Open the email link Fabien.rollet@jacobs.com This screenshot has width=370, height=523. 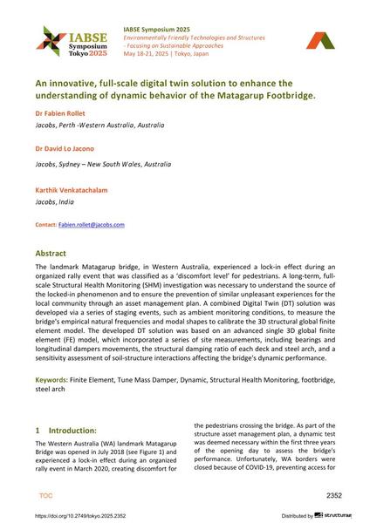(x=92, y=224)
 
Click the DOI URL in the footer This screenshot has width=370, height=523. (x=86, y=514)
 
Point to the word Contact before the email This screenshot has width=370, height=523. (x=45, y=224)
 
